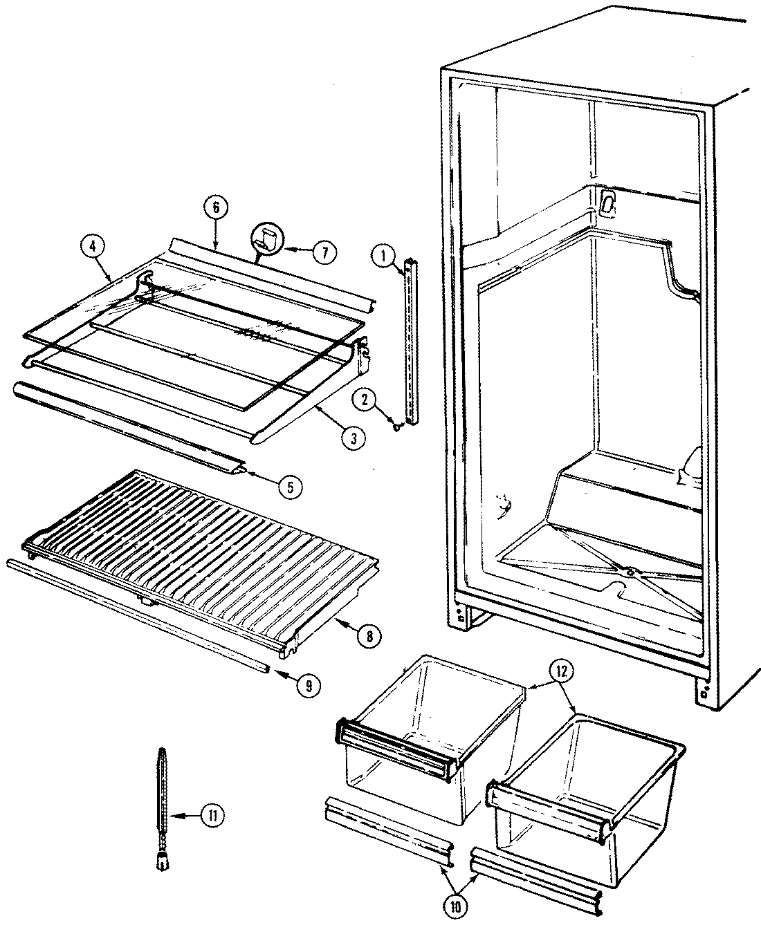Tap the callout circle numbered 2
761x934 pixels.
[367, 400]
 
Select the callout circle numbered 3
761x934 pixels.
[353, 437]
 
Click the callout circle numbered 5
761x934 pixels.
[290, 487]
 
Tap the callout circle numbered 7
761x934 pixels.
[323, 252]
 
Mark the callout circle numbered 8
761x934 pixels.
[368, 636]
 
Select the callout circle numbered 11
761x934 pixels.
[212, 816]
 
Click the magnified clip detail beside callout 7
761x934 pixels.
[266, 240]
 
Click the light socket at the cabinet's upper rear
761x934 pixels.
[607, 201]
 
